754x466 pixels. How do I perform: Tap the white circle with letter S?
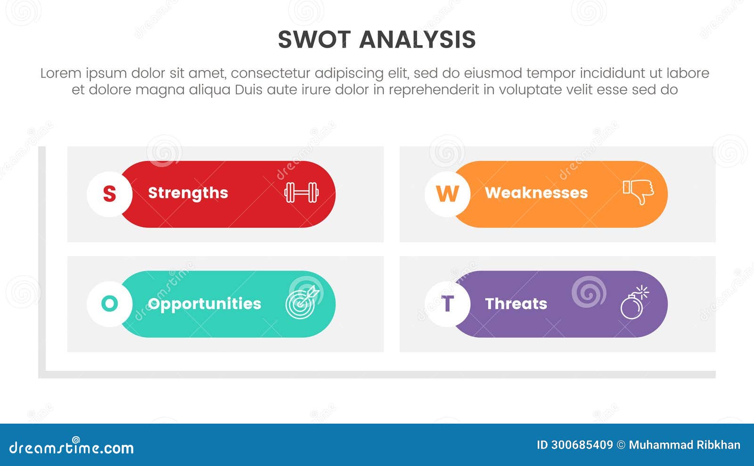click(109, 193)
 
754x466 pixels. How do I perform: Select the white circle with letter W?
click(447, 193)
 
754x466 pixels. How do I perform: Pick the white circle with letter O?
click(109, 304)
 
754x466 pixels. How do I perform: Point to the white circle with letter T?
click(447, 304)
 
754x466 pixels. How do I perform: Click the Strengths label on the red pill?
click(188, 193)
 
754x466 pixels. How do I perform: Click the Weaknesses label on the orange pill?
click(536, 193)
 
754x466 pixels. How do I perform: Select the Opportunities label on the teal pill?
click(204, 304)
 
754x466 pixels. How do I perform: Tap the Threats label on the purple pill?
click(516, 304)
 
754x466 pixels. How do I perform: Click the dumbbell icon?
click(302, 193)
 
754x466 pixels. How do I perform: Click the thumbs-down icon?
click(639, 192)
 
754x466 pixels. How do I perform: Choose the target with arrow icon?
click(302, 303)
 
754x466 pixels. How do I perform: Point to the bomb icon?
click(633, 304)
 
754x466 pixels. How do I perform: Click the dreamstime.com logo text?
click(72, 447)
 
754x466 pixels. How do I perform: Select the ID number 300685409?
click(582, 445)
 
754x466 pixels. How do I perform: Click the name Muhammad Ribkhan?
click(684, 445)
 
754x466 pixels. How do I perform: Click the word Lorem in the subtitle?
click(61, 73)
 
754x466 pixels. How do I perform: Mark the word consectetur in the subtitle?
click(270, 73)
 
